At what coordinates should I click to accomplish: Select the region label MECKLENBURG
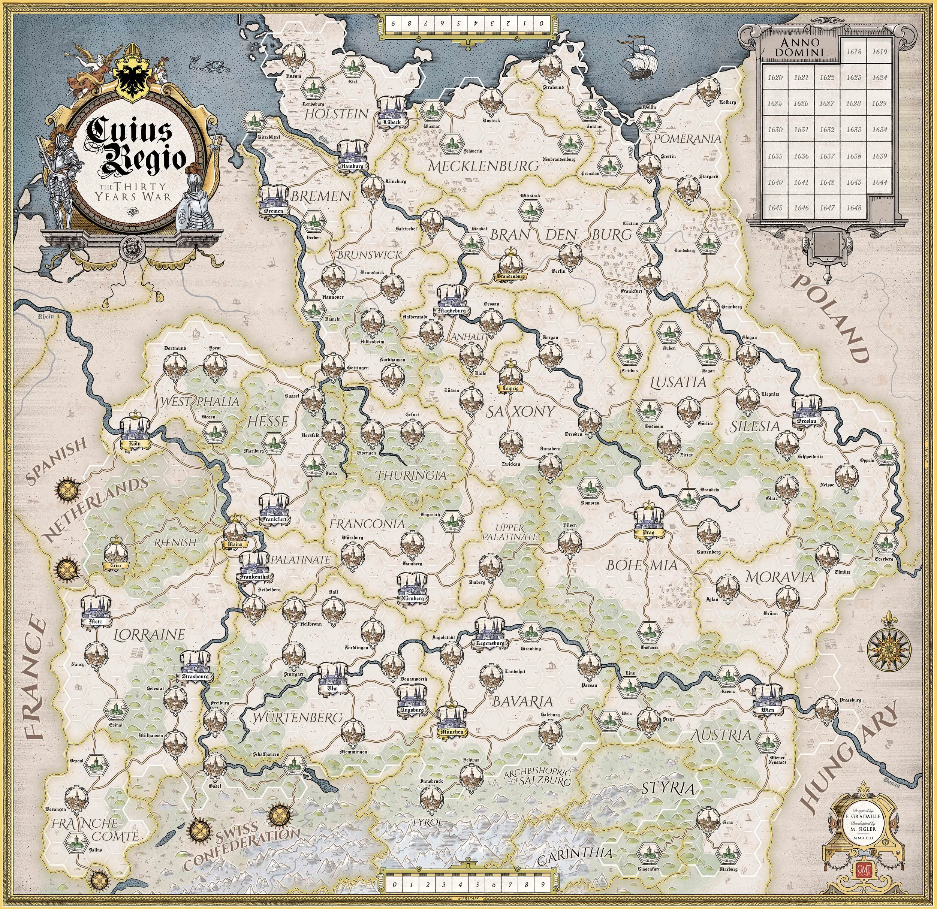click(x=483, y=166)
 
